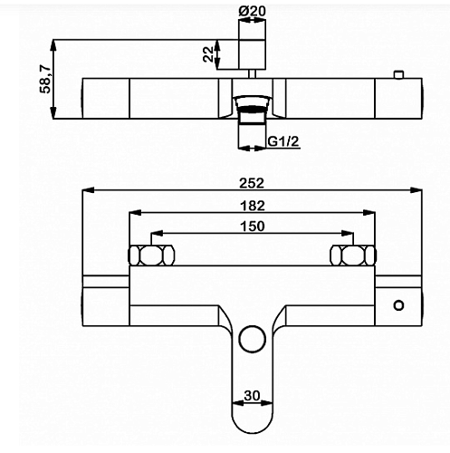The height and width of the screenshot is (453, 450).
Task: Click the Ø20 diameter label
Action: (252, 11)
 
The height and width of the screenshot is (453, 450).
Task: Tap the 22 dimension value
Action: (208, 54)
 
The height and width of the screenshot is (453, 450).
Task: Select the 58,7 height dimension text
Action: (46, 79)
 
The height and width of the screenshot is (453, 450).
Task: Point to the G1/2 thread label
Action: (283, 141)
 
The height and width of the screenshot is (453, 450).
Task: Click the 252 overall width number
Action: (252, 183)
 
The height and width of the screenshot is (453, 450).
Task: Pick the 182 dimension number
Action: (253, 206)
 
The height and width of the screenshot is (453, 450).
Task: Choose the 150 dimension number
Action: (253, 226)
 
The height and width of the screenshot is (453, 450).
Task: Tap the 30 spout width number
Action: (252, 395)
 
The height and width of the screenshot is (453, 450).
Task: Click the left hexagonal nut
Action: (151, 255)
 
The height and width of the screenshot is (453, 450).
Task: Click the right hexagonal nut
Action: (353, 255)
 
